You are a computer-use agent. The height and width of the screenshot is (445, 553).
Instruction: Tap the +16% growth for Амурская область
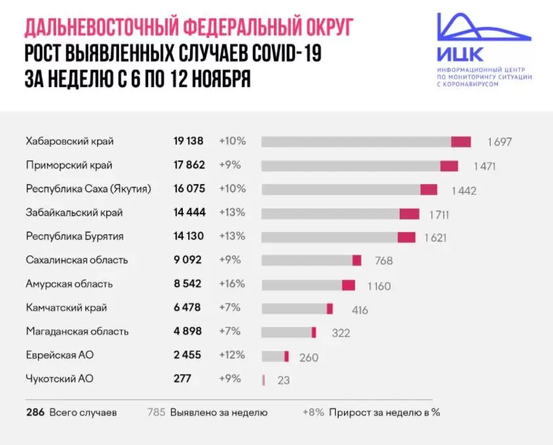[232, 284]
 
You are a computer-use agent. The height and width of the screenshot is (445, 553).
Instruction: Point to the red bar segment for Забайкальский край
[410, 214]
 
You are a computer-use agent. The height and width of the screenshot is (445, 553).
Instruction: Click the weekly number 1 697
[499, 142]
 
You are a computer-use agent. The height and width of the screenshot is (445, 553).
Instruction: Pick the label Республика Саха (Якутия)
[88, 189]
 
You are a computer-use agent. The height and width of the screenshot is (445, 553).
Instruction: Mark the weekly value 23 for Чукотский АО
[283, 379]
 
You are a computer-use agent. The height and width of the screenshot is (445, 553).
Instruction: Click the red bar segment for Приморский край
[449, 166]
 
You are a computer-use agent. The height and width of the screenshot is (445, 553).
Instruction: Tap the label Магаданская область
[77, 331]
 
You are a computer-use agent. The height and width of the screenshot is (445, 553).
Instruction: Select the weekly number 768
[383, 261]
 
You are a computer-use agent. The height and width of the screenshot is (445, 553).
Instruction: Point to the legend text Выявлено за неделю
[218, 413]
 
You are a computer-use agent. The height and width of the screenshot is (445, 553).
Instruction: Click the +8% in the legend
[314, 413]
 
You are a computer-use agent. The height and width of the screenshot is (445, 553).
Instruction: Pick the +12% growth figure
[232, 355]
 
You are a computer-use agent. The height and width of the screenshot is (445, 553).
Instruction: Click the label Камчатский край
[66, 307]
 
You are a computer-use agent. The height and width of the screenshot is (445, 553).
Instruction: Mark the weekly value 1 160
[378, 286]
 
